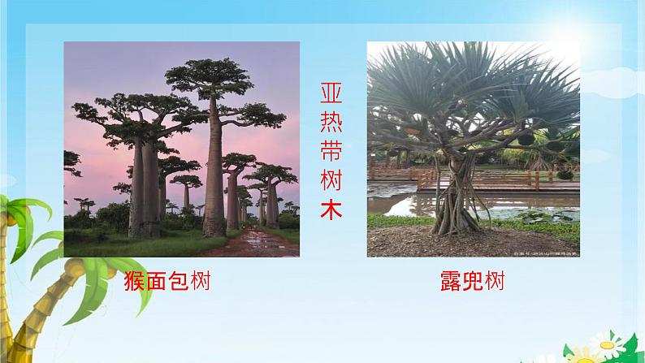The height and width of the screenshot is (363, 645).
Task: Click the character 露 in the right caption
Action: [x=445, y=282]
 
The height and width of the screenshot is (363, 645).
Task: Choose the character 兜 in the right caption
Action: [x=470, y=282]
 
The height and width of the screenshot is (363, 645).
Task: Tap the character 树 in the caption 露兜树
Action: [x=493, y=282]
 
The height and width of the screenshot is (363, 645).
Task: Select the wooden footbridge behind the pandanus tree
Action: [x=496, y=176]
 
